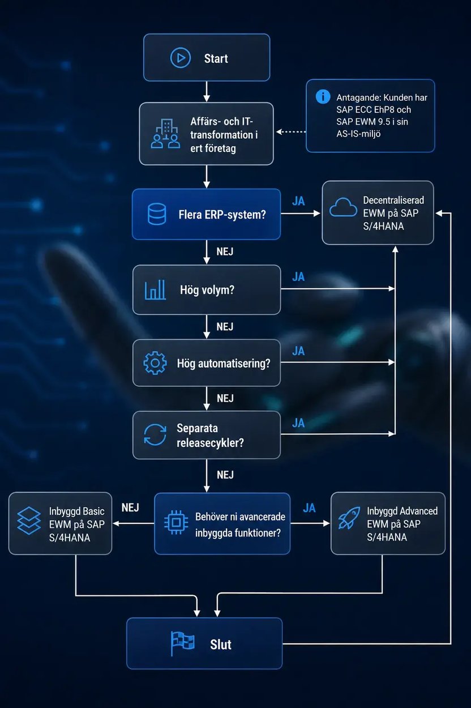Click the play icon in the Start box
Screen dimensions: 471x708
click(181, 58)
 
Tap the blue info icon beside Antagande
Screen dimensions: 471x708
click(323, 96)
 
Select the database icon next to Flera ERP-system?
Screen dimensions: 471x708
click(157, 214)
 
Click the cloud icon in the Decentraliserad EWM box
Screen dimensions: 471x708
click(343, 207)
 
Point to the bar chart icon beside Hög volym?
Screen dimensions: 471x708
click(155, 289)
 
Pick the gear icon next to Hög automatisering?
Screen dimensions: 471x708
click(155, 363)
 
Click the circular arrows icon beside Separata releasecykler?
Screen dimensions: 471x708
click(155, 435)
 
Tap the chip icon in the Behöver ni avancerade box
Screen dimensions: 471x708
click(176, 523)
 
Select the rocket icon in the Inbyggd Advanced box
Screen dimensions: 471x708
click(349, 518)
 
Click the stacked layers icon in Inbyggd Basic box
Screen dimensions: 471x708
click(29, 521)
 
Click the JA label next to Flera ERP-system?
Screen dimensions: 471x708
click(298, 201)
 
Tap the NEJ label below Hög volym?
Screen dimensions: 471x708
click(225, 326)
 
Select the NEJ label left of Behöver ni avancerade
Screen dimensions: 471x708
click(130, 507)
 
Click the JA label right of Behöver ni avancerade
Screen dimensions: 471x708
click(309, 508)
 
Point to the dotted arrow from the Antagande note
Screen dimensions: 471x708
click(291, 132)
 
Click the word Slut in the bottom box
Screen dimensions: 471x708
click(220, 645)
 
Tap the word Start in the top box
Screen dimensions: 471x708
click(216, 58)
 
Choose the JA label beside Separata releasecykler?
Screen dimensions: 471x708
click(298, 423)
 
